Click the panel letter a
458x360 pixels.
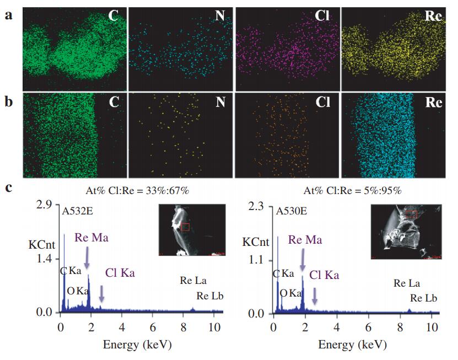[8, 15]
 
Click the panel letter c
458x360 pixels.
[8, 187]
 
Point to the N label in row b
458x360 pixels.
[221, 103]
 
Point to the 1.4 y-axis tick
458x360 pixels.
[44, 259]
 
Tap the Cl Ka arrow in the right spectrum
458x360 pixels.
[314, 296]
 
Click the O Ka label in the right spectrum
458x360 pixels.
[291, 293]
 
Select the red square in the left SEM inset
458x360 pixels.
[185, 227]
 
